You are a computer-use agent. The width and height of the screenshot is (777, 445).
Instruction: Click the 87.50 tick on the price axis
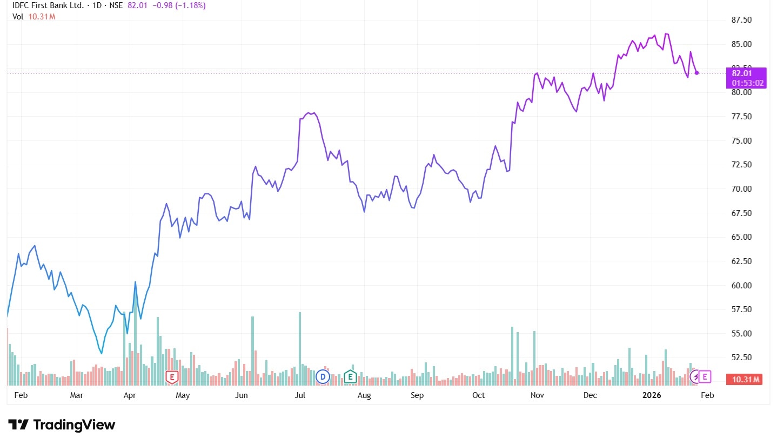(741, 20)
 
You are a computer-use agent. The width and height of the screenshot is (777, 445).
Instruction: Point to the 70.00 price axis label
(741, 189)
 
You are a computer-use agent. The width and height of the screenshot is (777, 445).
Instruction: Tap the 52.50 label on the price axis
(741, 358)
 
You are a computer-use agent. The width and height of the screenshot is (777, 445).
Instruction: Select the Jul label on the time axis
(300, 395)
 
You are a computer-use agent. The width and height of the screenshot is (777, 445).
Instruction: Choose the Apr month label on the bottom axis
(130, 395)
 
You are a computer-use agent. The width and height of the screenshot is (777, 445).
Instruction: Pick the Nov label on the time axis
(537, 395)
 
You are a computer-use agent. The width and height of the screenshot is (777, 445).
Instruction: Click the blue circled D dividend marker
(323, 376)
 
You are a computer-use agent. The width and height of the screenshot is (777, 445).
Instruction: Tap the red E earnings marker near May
(172, 377)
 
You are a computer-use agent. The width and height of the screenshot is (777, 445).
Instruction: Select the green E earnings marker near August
(350, 376)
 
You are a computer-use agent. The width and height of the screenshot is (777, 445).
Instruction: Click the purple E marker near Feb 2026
(705, 376)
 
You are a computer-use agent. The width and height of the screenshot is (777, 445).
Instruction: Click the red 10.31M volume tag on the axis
(746, 379)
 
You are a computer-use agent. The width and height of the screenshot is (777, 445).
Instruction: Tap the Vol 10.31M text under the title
(34, 16)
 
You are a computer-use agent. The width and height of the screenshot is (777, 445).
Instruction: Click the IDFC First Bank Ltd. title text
(47, 5)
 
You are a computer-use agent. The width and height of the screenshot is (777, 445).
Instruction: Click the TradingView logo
(62, 424)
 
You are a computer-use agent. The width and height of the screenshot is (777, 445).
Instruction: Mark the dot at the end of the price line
(696, 72)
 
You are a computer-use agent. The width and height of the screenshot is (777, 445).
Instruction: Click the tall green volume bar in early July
(299, 348)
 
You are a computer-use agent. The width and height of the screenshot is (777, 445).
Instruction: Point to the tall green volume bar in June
(252, 350)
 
